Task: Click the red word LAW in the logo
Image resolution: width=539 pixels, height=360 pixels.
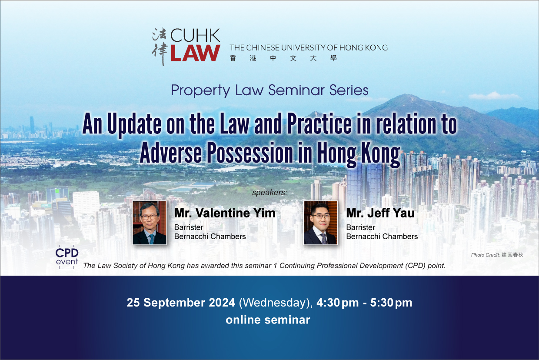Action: coord(195,53)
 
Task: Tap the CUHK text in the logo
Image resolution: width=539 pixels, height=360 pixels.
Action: coord(195,35)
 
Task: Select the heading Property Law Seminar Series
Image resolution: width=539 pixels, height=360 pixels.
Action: coord(269,90)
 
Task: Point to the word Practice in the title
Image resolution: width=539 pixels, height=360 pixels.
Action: coord(319,123)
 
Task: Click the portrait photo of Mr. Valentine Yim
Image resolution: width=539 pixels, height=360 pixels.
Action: coord(150,223)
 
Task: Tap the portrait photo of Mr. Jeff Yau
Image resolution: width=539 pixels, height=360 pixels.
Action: coord(320,223)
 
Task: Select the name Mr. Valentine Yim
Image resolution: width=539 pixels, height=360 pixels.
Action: coord(225,213)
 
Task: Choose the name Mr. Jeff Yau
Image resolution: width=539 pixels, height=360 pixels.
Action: coord(380,213)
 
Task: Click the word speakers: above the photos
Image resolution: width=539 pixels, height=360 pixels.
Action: coord(269,193)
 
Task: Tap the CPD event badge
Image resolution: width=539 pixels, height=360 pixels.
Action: coord(67,257)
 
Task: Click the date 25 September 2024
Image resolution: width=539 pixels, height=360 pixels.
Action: coord(181,303)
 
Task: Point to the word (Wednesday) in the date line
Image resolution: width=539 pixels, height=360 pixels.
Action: coord(276,303)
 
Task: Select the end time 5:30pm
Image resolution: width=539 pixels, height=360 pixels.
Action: coord(391,303)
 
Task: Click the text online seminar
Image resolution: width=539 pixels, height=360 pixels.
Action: coord(268,320)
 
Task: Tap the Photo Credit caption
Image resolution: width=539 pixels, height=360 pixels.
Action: coord(497,255)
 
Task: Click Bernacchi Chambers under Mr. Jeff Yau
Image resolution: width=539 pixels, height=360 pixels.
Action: coord(382,237)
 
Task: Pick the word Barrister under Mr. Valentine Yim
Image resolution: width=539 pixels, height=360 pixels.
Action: coord(189,227)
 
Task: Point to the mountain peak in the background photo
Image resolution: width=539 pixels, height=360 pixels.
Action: coord(407,96)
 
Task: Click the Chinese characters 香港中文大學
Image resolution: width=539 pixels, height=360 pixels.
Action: coord(283,58)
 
